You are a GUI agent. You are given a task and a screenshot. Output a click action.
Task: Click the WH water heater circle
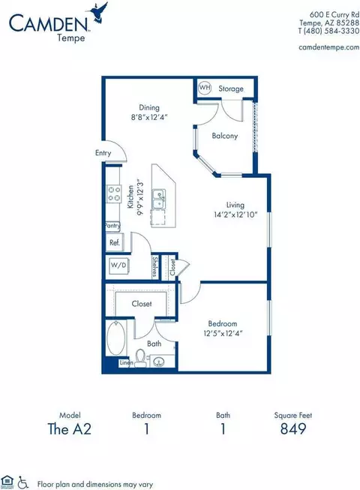point(205,87)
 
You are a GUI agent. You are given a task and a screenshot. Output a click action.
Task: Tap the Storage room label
point(231,89)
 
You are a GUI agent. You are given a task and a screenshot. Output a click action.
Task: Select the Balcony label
point(224,136)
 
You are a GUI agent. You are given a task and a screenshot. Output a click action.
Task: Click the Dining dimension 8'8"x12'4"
point(149,118)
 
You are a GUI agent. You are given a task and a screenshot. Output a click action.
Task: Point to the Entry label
point(103,153)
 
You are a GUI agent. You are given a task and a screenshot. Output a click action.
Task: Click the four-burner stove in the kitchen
point(114,194)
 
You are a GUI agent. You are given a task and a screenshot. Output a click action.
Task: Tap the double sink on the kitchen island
point(159,199)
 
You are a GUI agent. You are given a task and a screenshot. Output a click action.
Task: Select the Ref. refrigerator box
point(115,242)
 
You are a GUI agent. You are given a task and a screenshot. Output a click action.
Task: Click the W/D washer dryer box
point(118,266)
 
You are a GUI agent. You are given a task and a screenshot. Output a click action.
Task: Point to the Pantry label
point(112,225)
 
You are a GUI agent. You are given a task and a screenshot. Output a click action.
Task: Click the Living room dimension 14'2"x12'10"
point(235,215)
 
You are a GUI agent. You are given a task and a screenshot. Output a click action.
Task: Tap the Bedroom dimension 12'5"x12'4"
point(223,333)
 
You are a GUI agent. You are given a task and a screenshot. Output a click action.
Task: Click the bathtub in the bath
point(115,338)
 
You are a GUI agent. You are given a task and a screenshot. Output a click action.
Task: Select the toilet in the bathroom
point(141,357)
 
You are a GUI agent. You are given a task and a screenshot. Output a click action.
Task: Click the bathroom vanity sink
point(160,362)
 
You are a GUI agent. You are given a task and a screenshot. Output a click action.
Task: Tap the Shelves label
point(154,267)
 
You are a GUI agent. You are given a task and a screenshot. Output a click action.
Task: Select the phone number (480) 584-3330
point(331,31)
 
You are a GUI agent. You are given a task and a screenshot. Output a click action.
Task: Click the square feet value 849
point(292,428)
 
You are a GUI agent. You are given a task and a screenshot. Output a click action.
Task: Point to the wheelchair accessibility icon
point(22,482)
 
